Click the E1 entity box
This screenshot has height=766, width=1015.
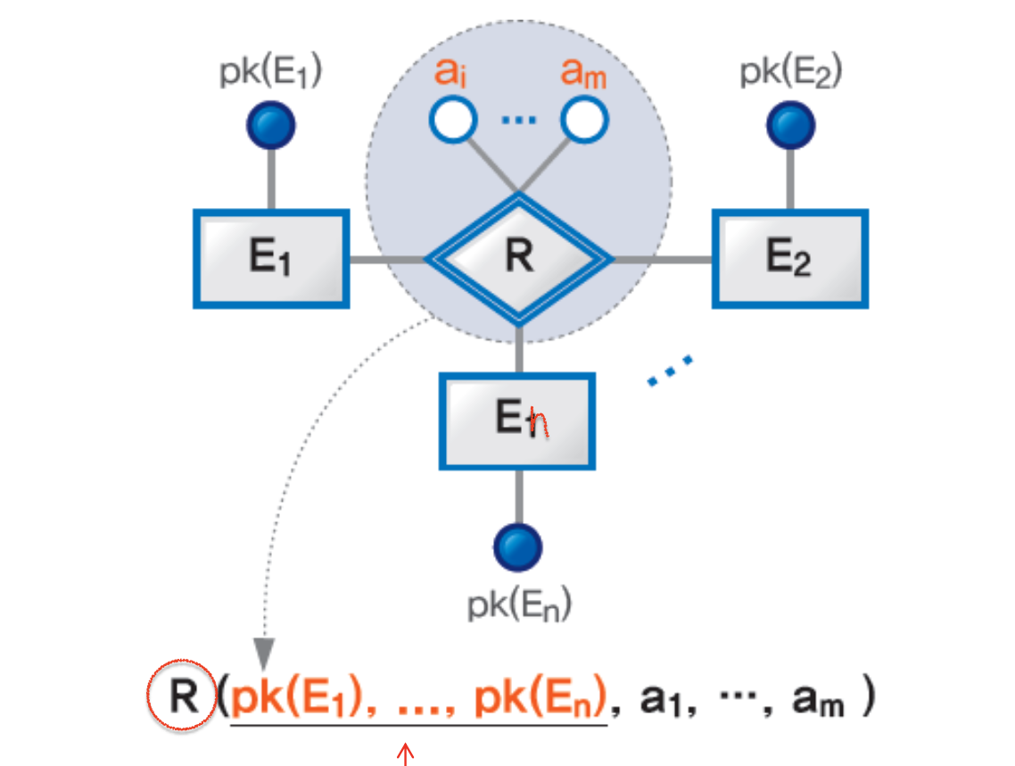(x=270, y=259)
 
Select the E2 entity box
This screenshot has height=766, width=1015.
(x=789, y=259)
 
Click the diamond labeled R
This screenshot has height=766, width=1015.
(x=518, y=259)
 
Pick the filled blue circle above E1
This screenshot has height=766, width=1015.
(x=270, y=127)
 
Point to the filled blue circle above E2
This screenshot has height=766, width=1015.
(x=789, y=127)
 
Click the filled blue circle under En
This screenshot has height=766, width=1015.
(x=517, y=546)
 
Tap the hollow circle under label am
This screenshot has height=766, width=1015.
(x=584, y=121)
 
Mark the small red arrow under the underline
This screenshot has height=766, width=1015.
(x=406, y=754)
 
